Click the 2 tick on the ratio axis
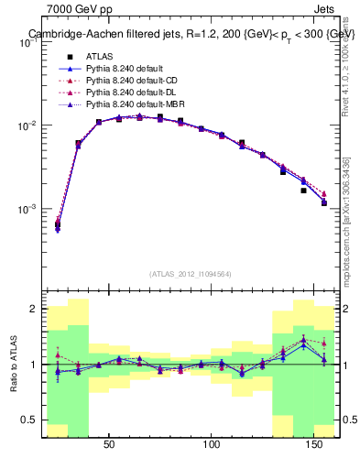click(37, 310)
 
